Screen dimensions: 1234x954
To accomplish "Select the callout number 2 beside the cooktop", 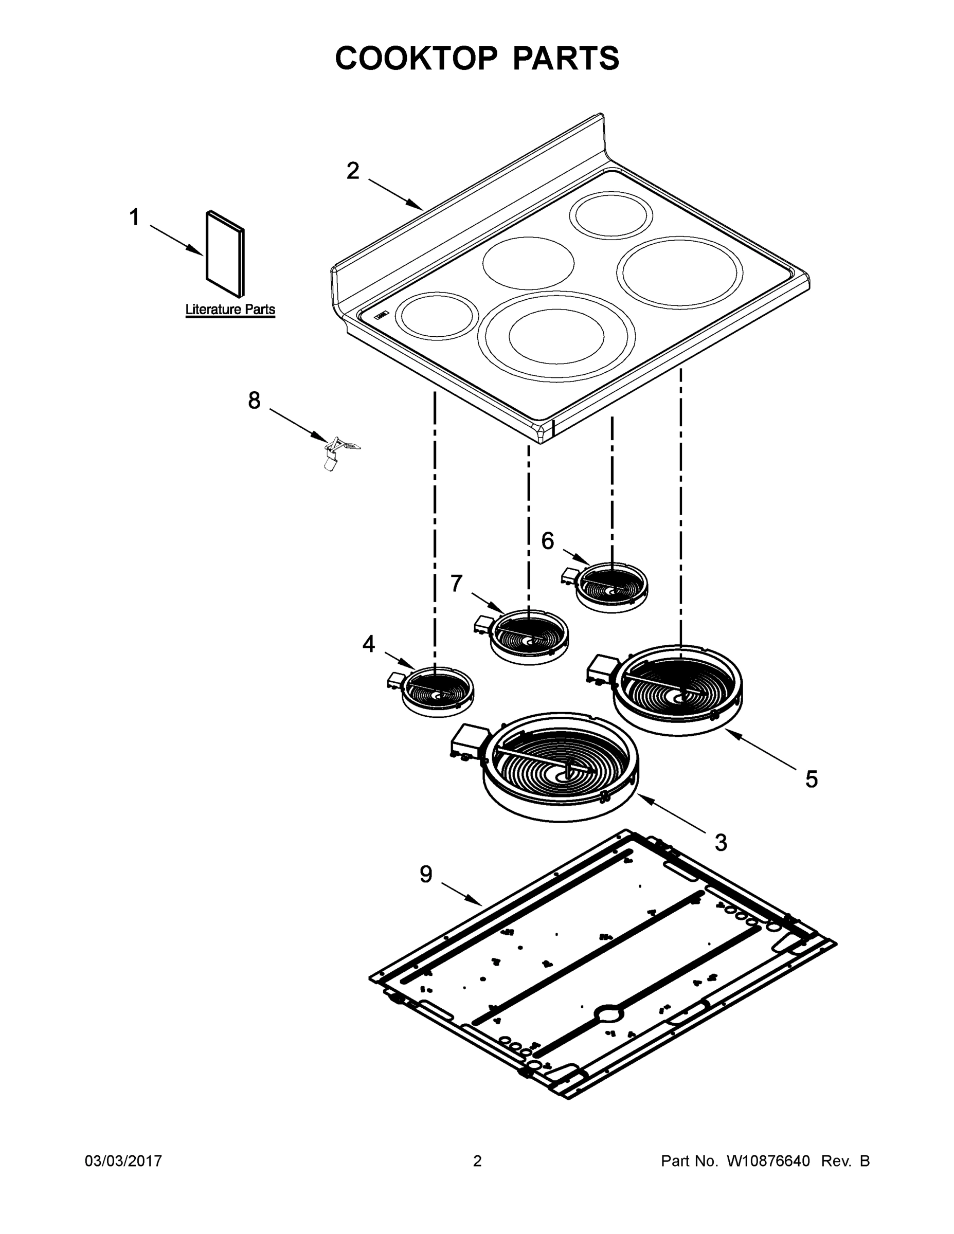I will click(353, 171).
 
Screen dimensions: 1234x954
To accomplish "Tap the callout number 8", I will click(255, 401).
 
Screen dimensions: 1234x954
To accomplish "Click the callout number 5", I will click(811, 779).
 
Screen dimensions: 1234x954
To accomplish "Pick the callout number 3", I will click(721, 842).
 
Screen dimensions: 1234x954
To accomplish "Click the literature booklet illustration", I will click(225, 255).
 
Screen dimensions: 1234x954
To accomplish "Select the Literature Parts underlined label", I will click(230, 310).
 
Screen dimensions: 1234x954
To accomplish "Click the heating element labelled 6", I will click(611, 587).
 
